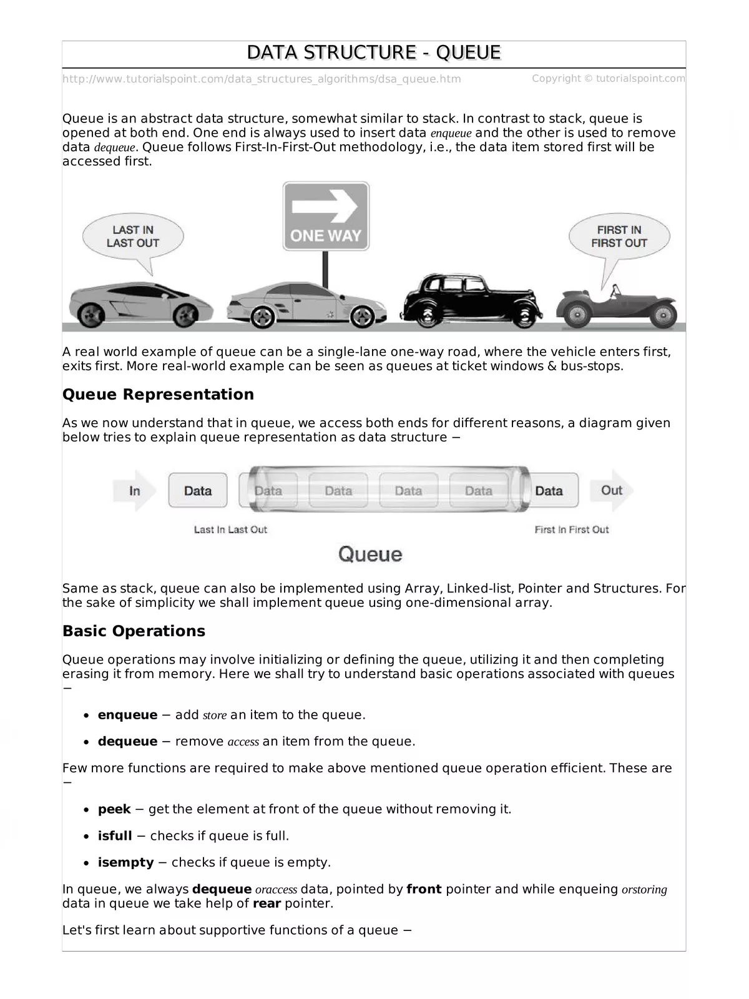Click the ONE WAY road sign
pyautogui.click(x=326, y=216)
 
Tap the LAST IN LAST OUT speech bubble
pyautogui.click(x=133, y=238)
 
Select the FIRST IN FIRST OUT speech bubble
pyautogui.click(x=619, y=238)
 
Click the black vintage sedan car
pyautogui.click(x=467, y=302)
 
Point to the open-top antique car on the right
pyautogui.click(x=616, y=308)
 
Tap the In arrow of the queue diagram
pyautogui.click(x=134, y=491)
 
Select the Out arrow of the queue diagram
pyautogui.click(x=612, y=490)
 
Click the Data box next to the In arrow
pyautogui.click(x=198, y=491)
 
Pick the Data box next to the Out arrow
pyautogui.click(x=549, y=491)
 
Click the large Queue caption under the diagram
pyautogui.click(x=370, y=554)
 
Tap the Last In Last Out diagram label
pyautogui.click(x=230, y=529)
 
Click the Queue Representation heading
pyautogui.click(x=158, y=395)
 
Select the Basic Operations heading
pyautogui.click(x=134, y=631)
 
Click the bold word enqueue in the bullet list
pyautogui.click(x=127, y=715)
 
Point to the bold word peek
pyautogui.click(x=114, y=809)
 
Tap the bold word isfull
pyautogui.click(x=115, y=836)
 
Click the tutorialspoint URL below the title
pyautogui.click(x=262, y=79)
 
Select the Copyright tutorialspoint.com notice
pyautogui.click(x=608, y=79)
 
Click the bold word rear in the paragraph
pyautogui.click(x=267, y=903)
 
